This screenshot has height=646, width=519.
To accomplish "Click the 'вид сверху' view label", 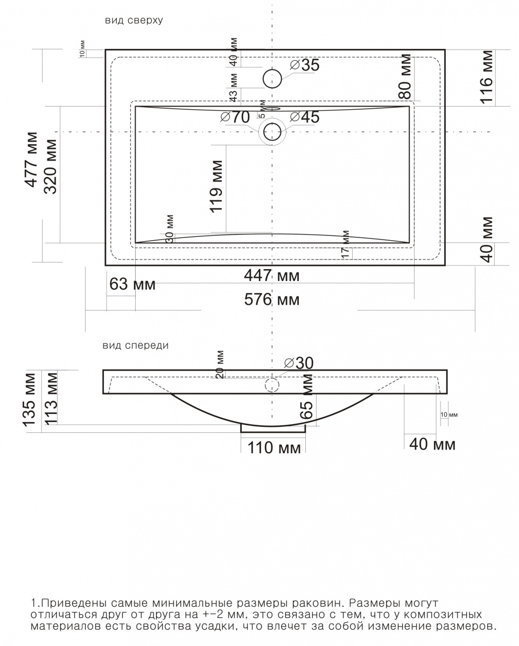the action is point(134,20).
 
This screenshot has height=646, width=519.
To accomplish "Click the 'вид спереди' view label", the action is point(135,346).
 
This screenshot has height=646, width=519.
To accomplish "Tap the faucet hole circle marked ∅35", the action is point(272,79).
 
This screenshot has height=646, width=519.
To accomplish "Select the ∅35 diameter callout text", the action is point(305,65).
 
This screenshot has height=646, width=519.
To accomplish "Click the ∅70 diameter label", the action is point(235,117).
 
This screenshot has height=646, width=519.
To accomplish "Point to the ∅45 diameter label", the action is point(305,117).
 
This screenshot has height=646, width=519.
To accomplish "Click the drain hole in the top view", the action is point(272,132).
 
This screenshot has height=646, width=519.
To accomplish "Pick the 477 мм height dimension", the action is point(31,160).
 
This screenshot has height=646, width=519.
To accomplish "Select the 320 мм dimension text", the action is point(50,166).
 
